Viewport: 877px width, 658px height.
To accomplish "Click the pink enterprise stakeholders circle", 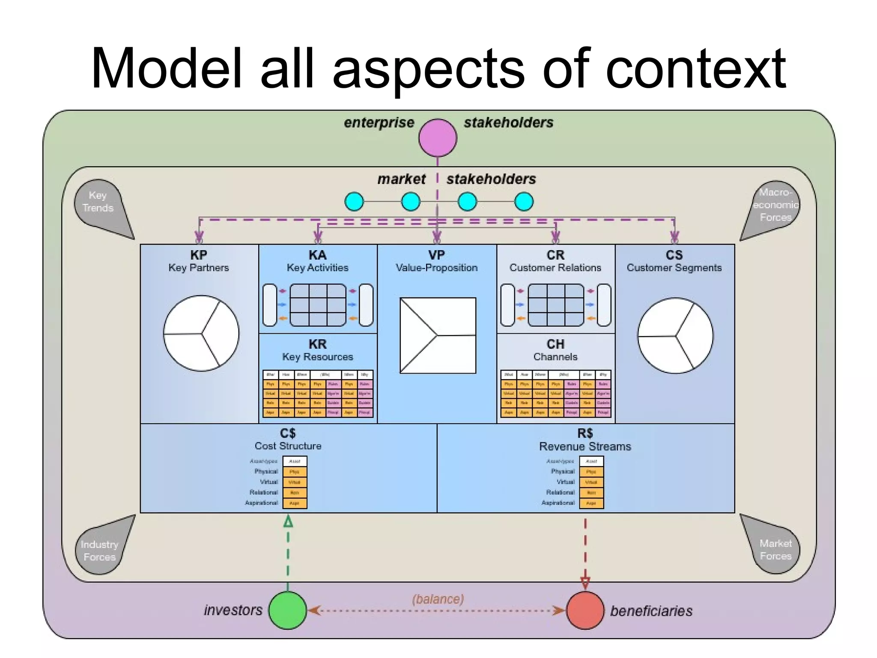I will pos(438,138).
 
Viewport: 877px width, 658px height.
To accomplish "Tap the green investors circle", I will pos(288,610).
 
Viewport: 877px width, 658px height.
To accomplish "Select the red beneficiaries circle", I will pos(585,610).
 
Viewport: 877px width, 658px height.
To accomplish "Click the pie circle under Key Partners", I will pos(201,333).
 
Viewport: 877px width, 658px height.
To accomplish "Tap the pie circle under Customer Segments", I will pos(675,335).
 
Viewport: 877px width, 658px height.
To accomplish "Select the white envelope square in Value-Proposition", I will pos(438,335).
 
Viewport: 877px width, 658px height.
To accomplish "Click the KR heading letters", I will pos(317,344).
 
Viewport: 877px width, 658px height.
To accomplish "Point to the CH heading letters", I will pos(555,344).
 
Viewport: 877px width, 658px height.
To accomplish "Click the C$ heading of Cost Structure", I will pos(288,433).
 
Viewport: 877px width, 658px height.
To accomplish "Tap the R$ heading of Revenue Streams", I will pos(585,433).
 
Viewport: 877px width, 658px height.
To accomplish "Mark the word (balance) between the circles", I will pos(438,599).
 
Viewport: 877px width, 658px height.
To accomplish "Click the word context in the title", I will pos(695,69).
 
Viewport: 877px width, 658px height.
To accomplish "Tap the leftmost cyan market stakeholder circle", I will pos(354,201).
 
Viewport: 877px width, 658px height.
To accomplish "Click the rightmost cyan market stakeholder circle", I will pos(524,201).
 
